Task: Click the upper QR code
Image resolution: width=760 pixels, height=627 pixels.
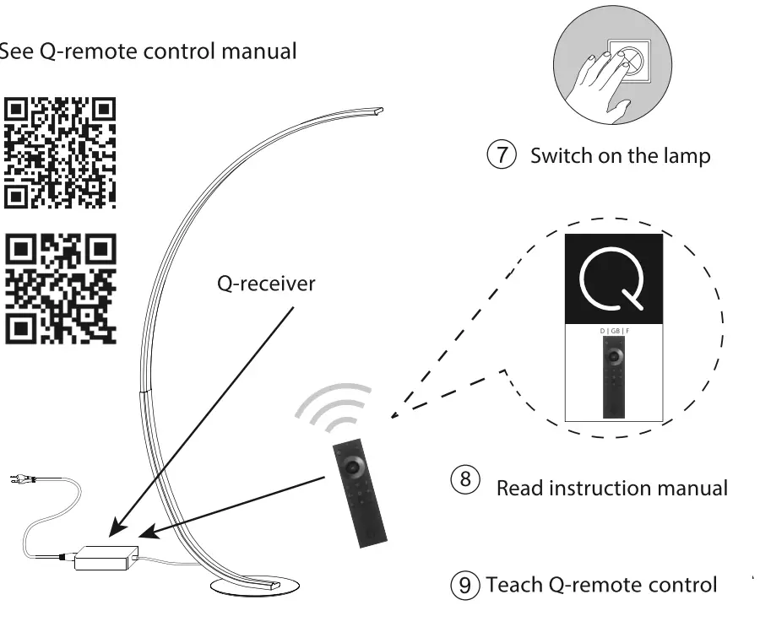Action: click(60, 153)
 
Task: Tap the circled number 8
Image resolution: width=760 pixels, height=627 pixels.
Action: click(465, 480)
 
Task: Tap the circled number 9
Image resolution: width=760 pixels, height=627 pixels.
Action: click(467, 585)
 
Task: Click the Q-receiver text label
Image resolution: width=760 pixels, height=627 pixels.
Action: click(265, 284)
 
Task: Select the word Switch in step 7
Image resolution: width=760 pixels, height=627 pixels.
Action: click(561, 156)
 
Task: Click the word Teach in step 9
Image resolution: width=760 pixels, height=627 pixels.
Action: click(515, 585)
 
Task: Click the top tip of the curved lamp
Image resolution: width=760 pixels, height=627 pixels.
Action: click(377, 110)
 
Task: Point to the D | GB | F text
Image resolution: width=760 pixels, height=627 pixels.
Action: click(614, 332)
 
